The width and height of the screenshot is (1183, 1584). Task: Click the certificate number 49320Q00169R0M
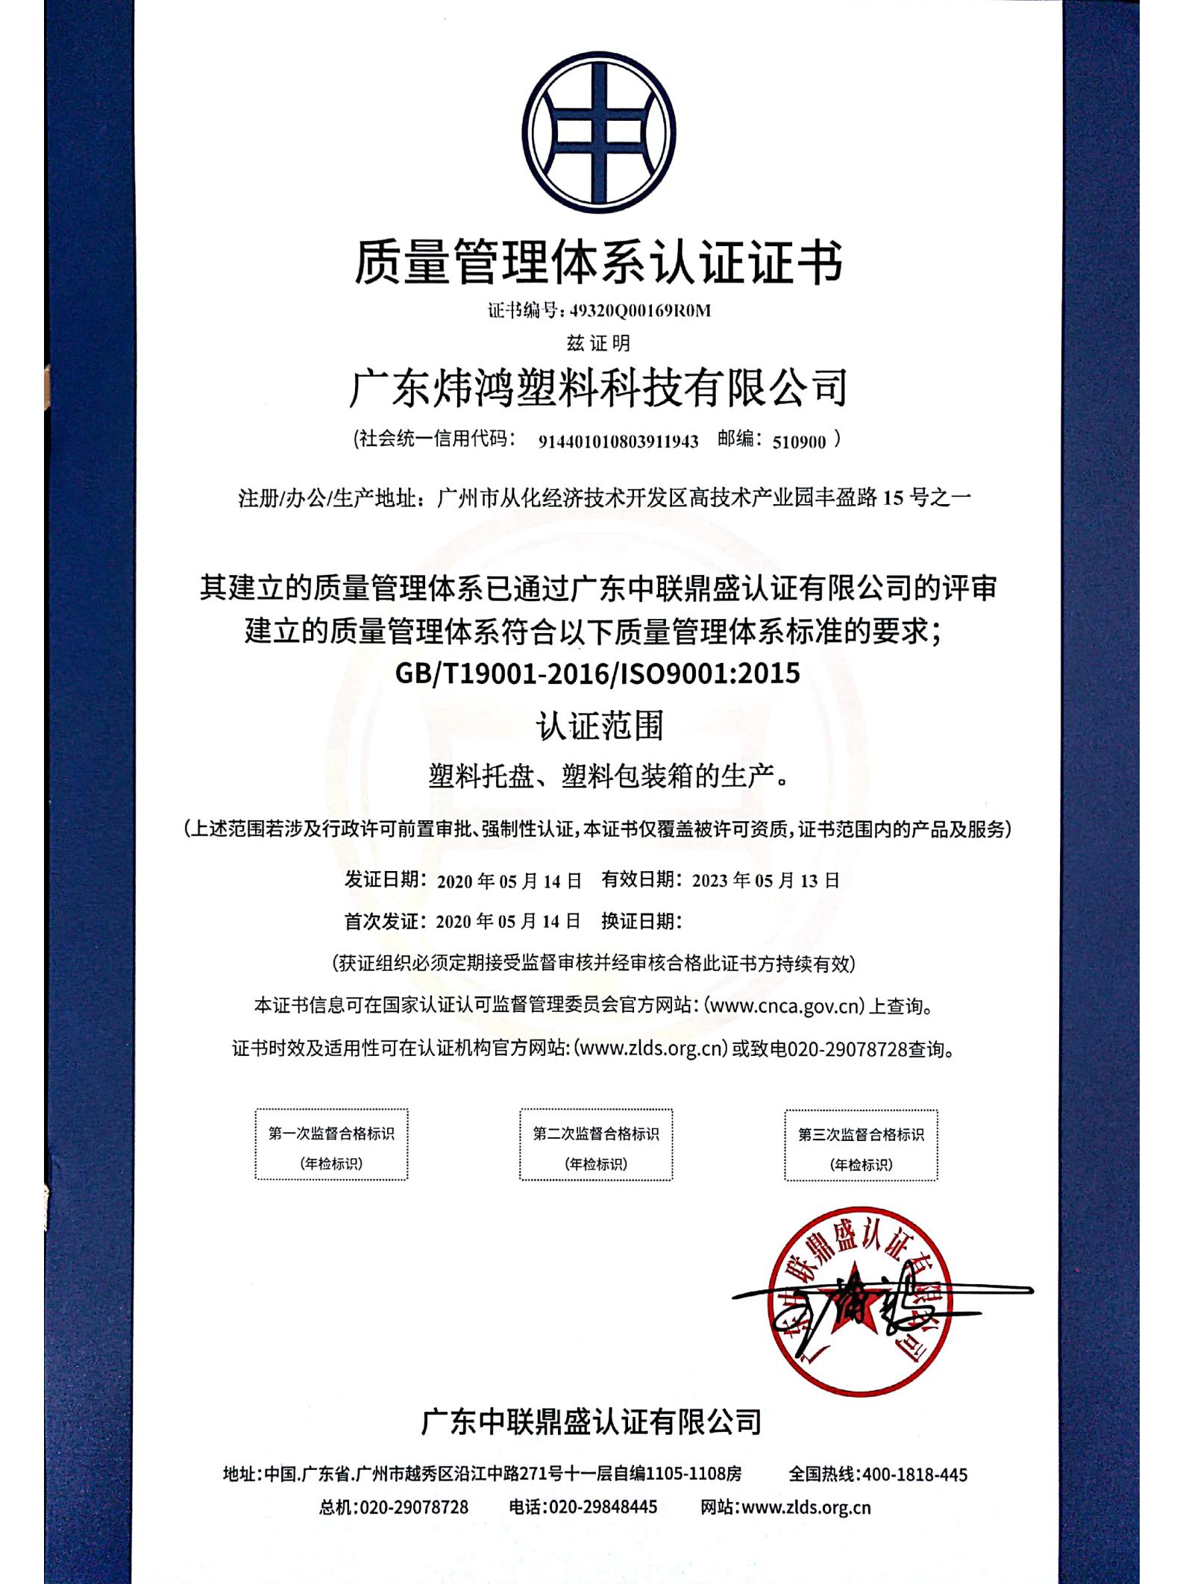tap(639, 311)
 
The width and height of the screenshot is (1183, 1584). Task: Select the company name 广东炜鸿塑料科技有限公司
tap(598, 388)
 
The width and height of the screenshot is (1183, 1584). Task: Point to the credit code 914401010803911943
tap(618, 441)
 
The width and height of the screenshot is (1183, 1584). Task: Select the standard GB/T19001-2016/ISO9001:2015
tap(598, 673)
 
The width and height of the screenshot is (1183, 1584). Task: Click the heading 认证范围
tap(599, 726)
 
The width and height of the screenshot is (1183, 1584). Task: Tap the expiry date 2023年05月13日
tap(766, 881)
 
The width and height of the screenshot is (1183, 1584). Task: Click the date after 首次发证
tap(508, 922)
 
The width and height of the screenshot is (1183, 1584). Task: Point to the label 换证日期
tap(641, 922)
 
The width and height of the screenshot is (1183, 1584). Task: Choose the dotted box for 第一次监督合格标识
tap(331, 1145)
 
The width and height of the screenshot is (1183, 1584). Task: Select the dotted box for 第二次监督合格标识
tap(595, 1145)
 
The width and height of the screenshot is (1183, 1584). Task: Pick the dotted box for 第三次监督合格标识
tap(861, 1145)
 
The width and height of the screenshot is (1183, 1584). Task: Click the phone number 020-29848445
tap(603, 1507)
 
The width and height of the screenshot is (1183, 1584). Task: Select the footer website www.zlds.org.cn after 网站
tap(806, 1507)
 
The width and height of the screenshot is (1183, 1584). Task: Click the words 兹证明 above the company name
tap(598, 343)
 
